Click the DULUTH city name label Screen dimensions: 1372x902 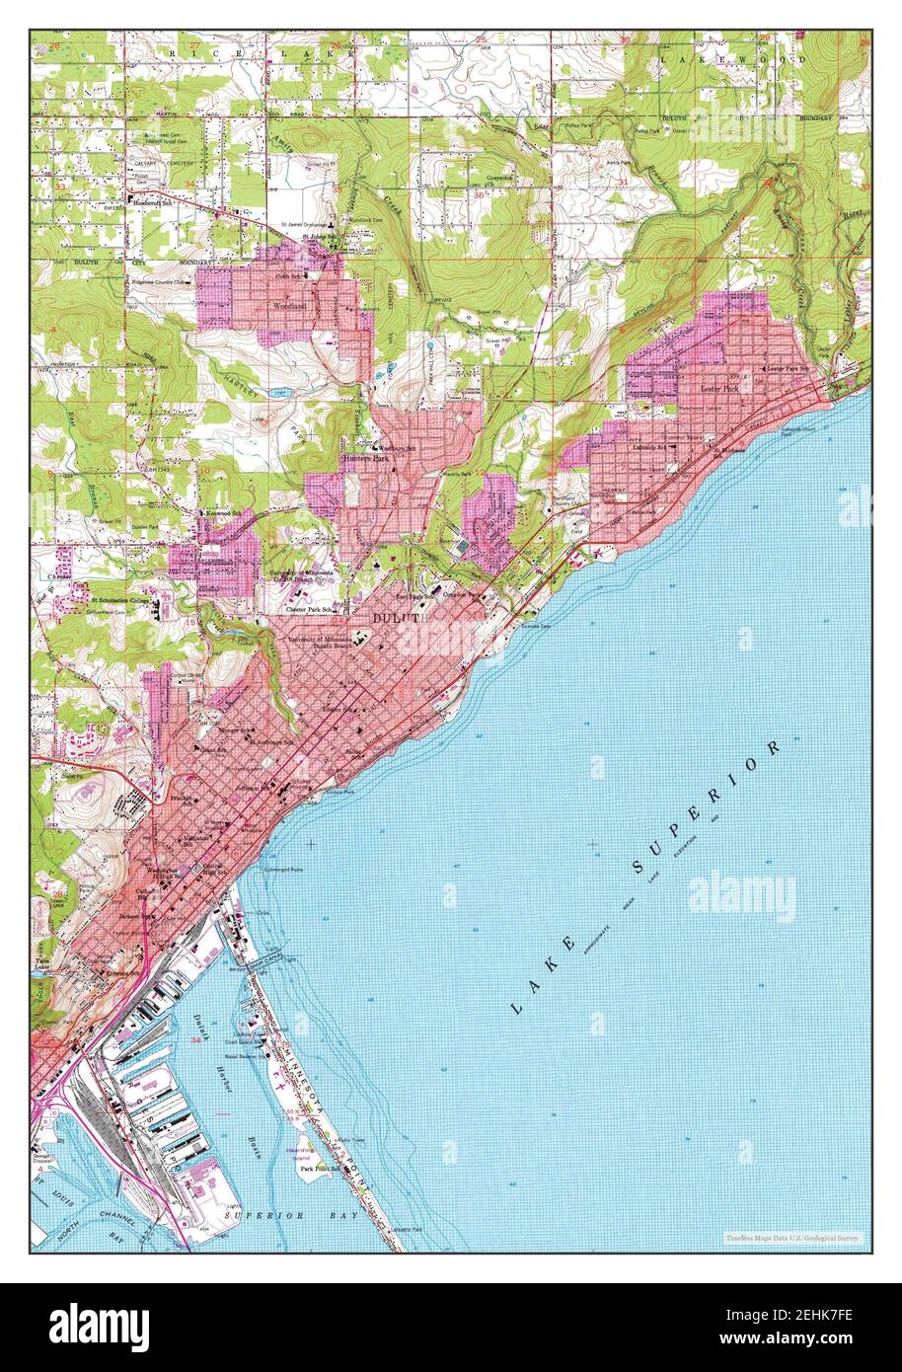point(400,618)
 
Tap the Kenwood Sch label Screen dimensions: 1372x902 point(216,513)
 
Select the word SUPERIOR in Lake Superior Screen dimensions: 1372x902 point(709,806)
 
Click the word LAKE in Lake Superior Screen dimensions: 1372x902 point(542,977)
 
